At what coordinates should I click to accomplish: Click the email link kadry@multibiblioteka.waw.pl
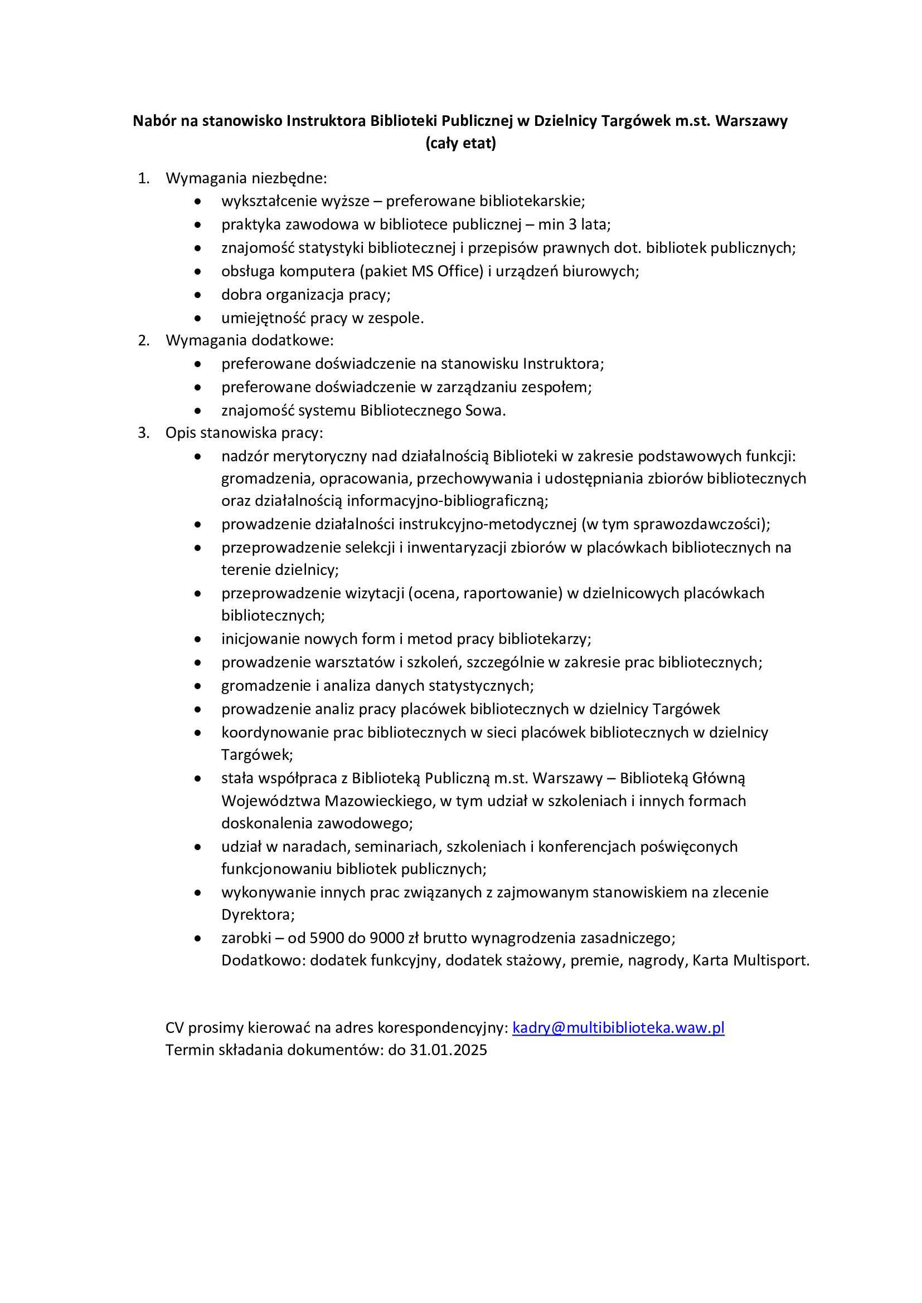point(618,1028)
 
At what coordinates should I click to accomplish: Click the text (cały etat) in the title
point(460,143)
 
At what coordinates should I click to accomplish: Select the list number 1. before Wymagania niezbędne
point(144,178)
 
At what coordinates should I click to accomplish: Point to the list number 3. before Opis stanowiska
point(144,433)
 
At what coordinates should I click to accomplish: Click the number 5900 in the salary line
point(327,938)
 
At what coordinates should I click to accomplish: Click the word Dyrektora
point(257,915)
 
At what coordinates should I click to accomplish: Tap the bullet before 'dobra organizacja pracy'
point(197,295)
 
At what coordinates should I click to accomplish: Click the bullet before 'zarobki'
point(197,939)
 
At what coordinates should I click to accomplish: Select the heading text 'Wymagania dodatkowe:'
point(249,340)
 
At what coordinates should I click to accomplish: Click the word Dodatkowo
point(264,960)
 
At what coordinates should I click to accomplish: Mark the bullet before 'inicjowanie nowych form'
point(197,640)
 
